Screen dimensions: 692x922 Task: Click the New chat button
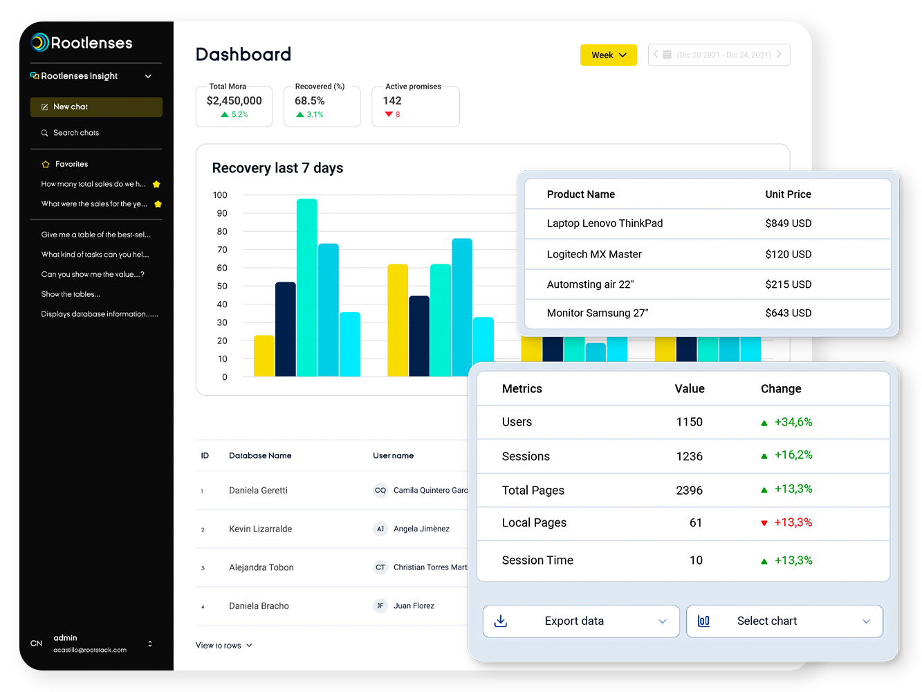point(96,107)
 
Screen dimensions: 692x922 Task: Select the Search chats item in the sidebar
point(75,133)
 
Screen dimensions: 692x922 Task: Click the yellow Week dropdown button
point(608,55)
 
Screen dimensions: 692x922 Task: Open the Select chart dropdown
point(784,621)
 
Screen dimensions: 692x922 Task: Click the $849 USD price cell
point(788,224)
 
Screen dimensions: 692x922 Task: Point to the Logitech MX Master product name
point(593,254)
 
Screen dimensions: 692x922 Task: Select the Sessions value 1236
point(689,456)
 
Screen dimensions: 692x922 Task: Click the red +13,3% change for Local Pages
point(792,522)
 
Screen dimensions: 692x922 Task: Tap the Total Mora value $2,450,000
point(234,101)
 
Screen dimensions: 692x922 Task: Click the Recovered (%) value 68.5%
point(309,101)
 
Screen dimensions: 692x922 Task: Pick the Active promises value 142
point(392,101)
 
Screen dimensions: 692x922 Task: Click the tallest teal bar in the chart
point(306,287)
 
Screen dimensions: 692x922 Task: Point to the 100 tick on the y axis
point(220,195)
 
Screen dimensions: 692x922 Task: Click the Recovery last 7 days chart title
point(277,168)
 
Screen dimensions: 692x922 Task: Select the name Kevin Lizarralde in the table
point(260,529)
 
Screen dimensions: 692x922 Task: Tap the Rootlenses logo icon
point(39,42)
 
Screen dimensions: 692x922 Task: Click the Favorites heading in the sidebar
point(71,164)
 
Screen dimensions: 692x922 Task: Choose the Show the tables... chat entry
point(71,294)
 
